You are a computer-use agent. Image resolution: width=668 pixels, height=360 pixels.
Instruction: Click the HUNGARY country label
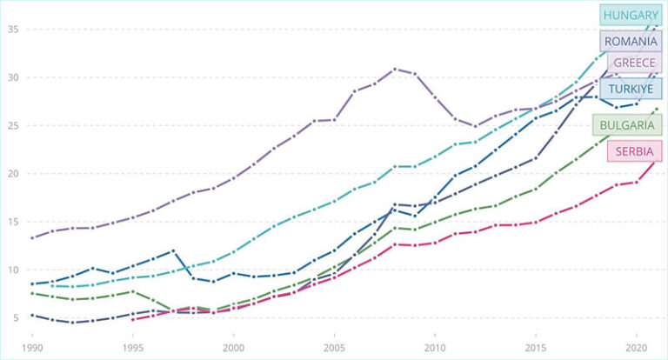[631, 15]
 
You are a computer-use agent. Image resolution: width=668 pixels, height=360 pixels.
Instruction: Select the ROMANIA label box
[631, 40]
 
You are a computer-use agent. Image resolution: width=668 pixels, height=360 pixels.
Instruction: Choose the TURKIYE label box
[631, 89]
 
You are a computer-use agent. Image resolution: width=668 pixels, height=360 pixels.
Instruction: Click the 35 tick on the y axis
[13, 30]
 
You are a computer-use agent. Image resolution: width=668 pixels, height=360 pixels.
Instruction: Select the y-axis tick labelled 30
[13, 77]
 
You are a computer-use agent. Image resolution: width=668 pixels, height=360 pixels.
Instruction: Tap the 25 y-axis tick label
[13, 125]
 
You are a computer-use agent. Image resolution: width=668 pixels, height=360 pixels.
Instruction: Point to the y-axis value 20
[13, 173]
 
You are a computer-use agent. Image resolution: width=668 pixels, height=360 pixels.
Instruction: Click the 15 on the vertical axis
[13, 222]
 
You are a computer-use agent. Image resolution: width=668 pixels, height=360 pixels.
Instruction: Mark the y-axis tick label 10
[13, 270]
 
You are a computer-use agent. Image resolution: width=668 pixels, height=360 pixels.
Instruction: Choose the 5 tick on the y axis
[16, 317]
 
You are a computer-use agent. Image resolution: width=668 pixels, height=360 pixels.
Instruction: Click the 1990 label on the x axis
[32, 345]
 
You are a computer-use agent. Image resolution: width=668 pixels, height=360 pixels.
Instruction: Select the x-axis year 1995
[132, 345]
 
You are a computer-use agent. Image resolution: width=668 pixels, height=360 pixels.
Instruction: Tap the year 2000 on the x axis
[233, 345]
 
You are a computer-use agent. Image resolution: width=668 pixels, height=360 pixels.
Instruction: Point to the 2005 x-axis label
[334, 345]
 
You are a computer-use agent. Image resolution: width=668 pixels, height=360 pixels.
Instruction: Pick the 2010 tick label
[435, 345]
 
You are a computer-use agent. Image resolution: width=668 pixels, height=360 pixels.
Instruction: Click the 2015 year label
[535, 345]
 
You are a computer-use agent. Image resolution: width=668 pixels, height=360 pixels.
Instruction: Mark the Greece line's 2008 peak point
[395, 69]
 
